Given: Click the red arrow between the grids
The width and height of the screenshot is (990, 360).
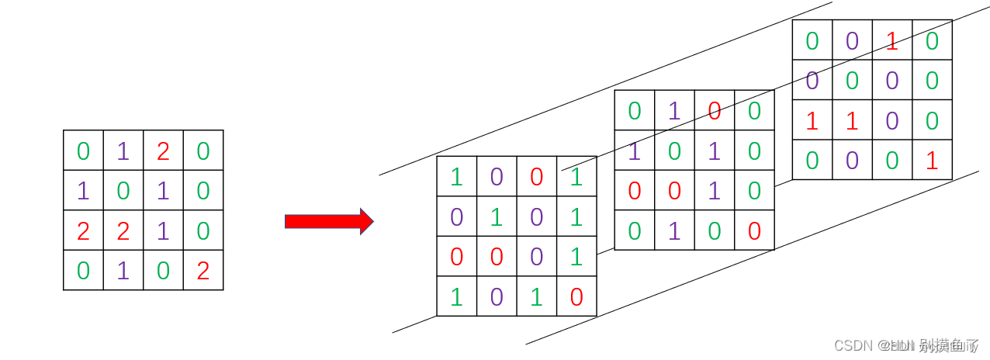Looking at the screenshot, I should (328, 221).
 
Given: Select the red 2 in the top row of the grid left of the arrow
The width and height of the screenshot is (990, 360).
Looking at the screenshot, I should (163, 151).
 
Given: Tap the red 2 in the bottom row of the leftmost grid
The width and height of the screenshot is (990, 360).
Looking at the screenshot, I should (203, 271).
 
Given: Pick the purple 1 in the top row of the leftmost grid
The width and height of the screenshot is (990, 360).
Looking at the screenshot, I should (123, 151).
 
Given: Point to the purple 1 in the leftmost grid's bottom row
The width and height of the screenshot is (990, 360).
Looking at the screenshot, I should (123, 271).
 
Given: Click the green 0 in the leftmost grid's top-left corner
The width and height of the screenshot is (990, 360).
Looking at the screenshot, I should (83, 151).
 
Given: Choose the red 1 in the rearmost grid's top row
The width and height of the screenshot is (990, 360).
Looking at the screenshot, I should (892, 40).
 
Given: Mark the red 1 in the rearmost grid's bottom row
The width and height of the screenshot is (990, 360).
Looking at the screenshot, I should (932, 161).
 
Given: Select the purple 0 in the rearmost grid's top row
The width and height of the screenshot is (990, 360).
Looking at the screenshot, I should (852, 40).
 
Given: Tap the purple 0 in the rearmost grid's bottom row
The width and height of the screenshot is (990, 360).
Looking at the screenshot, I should (852, 161).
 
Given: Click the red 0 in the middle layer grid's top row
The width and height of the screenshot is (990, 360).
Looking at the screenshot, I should (715, 111).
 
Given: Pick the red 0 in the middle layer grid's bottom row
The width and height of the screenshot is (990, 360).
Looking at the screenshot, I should (754, 231).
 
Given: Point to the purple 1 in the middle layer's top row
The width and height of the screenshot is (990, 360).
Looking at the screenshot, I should (674, 111).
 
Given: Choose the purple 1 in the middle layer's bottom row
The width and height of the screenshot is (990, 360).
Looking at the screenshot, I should (674, 231).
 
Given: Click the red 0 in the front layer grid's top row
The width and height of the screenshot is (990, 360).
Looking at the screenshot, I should (537, 177).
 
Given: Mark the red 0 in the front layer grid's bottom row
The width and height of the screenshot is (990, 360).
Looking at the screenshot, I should (576, 297).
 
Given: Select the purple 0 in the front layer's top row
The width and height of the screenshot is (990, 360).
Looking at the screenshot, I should (497, 177).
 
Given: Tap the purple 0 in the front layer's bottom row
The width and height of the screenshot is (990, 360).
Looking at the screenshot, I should (497, 297).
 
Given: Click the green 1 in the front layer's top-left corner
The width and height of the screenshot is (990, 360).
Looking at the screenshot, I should (456, 177).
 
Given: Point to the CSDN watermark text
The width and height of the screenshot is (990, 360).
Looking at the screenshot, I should (905, 345).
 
